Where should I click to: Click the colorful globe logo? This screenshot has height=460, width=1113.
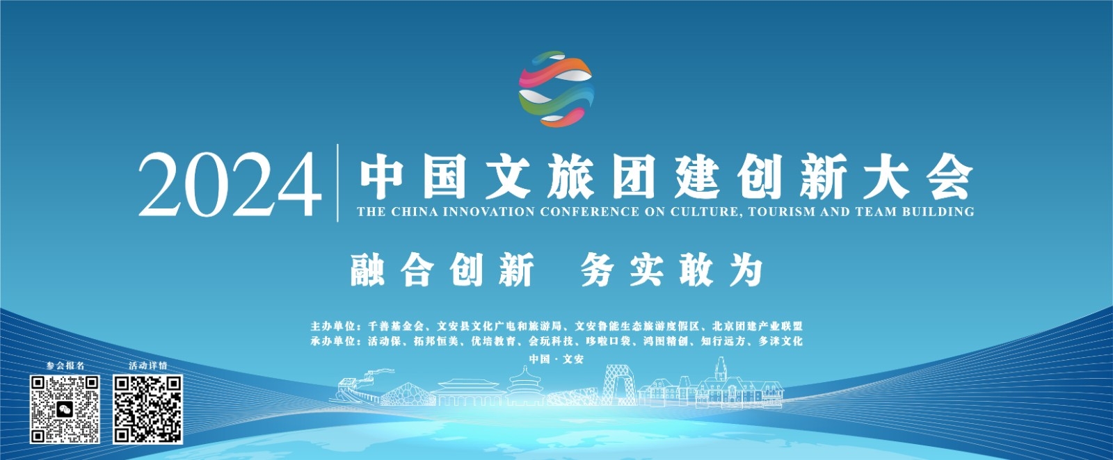coord(556,89)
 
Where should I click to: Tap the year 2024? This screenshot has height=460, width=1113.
coord(229,185)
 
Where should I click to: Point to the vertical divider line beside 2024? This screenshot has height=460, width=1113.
coord(338,183)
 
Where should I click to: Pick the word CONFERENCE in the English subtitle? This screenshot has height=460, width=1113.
coord(590,212)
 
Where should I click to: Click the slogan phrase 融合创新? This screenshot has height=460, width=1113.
coord(442,270)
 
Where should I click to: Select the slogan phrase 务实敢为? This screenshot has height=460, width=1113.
coord(672,270)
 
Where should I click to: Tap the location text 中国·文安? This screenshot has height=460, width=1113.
coord(556,359)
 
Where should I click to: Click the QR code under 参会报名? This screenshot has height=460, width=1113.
coord(65,409)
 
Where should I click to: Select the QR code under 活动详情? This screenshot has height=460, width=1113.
coord(147,409)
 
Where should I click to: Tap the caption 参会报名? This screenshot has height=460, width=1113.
coord(65,365)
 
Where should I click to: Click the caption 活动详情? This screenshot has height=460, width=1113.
coord(148,365)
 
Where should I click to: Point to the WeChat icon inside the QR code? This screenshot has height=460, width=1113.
coord(65,409)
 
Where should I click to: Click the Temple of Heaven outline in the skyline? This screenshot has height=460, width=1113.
coord(525,386)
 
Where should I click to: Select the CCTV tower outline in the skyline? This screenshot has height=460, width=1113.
coord(618,385)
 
